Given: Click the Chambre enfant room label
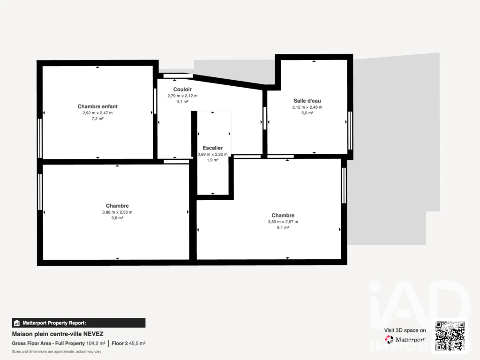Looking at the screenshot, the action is pyautogui.click(x=97, y=106).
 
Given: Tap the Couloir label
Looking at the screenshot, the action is pyautogui.click(x=182, y=90).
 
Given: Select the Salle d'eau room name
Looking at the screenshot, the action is pyautogui.click(x=307, y=101).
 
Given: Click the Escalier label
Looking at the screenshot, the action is pyautogui.click(x=212, y=148).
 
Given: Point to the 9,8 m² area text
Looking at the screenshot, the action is pyautogui.click(x=117, y=218).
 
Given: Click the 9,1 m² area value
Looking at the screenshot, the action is pyautogui.click(x=283, y=227).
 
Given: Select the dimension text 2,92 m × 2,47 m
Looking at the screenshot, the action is pyautogui.click(x=97, y=113).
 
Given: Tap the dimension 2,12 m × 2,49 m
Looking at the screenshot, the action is pyautogui.click(x=307, y=107).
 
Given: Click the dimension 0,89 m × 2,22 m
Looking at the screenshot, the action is pyautogui.click(x=212, y=154).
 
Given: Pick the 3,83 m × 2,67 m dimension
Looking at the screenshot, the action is pyautogui.click(x=283, y=222).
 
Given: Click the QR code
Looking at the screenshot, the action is pyautogui.click(x=450, y=336).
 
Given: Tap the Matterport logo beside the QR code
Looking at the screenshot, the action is pyautogui.click(x=389, y=339).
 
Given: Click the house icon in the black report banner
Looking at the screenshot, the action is pyautogui.click(x=17, y=323).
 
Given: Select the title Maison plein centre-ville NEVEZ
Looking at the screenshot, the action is pyautogui.click(x=58, y=334).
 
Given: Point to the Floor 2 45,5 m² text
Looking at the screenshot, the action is pyautogui.click(x=128, y=344).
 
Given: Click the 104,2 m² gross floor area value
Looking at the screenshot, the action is pyautogui.click(x=96, y=344).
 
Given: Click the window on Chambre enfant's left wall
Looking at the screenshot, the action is pyautogui.click(x=40, y=138).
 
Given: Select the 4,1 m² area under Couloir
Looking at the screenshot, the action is pyautogui.click(x=182, y=102).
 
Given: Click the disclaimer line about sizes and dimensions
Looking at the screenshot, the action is pyautogui.click(x=57, y=352).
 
